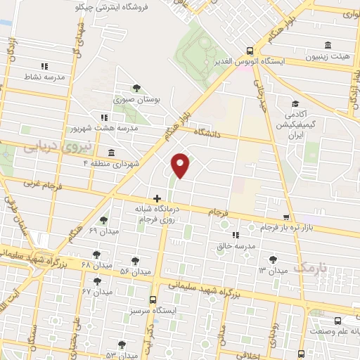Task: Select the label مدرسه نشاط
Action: click(44, 77)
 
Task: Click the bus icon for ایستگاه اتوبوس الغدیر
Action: click(250, 50)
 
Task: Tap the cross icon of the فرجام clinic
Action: click(157, 198)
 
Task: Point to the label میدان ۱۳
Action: click(273, 270)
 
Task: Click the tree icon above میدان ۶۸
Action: click(96, 255)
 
